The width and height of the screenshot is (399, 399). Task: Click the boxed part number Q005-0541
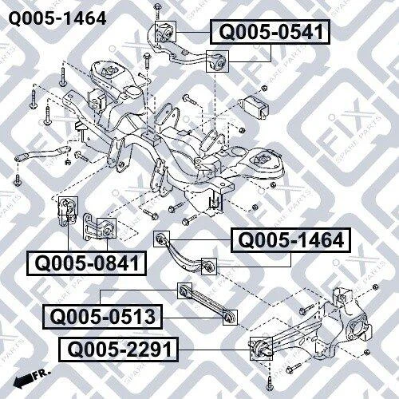(x=270, y=32)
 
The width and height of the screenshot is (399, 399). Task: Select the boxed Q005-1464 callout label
(x=290, y=240)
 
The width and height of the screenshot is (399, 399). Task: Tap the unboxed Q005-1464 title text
(x=57, y=18)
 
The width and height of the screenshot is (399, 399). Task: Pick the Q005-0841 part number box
(x=86, y=263)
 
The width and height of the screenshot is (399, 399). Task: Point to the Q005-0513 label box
(x=102, y=317)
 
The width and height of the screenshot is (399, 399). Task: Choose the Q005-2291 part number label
(x=118, y=350)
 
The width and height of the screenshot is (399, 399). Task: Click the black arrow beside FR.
(x=22, y=380)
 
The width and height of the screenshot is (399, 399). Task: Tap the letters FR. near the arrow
(x=41, y=374)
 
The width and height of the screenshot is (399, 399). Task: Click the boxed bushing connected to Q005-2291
(x=261, y=349)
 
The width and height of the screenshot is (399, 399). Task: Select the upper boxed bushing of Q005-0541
(x=165, y=31)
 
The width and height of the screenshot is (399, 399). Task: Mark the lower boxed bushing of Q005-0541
(x=217, y=61)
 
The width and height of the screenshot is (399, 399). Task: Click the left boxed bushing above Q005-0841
(x=68, y=206)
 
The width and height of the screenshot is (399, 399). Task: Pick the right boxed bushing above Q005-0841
(x=106, y=228)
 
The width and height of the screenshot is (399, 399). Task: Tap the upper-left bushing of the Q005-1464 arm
(x=162, y=239)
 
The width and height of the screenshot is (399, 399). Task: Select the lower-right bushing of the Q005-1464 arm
(x=209, y=267)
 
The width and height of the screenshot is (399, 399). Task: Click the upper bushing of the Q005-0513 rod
(x=184, y=290)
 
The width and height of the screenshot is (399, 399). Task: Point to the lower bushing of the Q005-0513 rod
(x=230, y=318)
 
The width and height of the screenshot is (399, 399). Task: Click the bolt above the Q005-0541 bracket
(x=157, y=11)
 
